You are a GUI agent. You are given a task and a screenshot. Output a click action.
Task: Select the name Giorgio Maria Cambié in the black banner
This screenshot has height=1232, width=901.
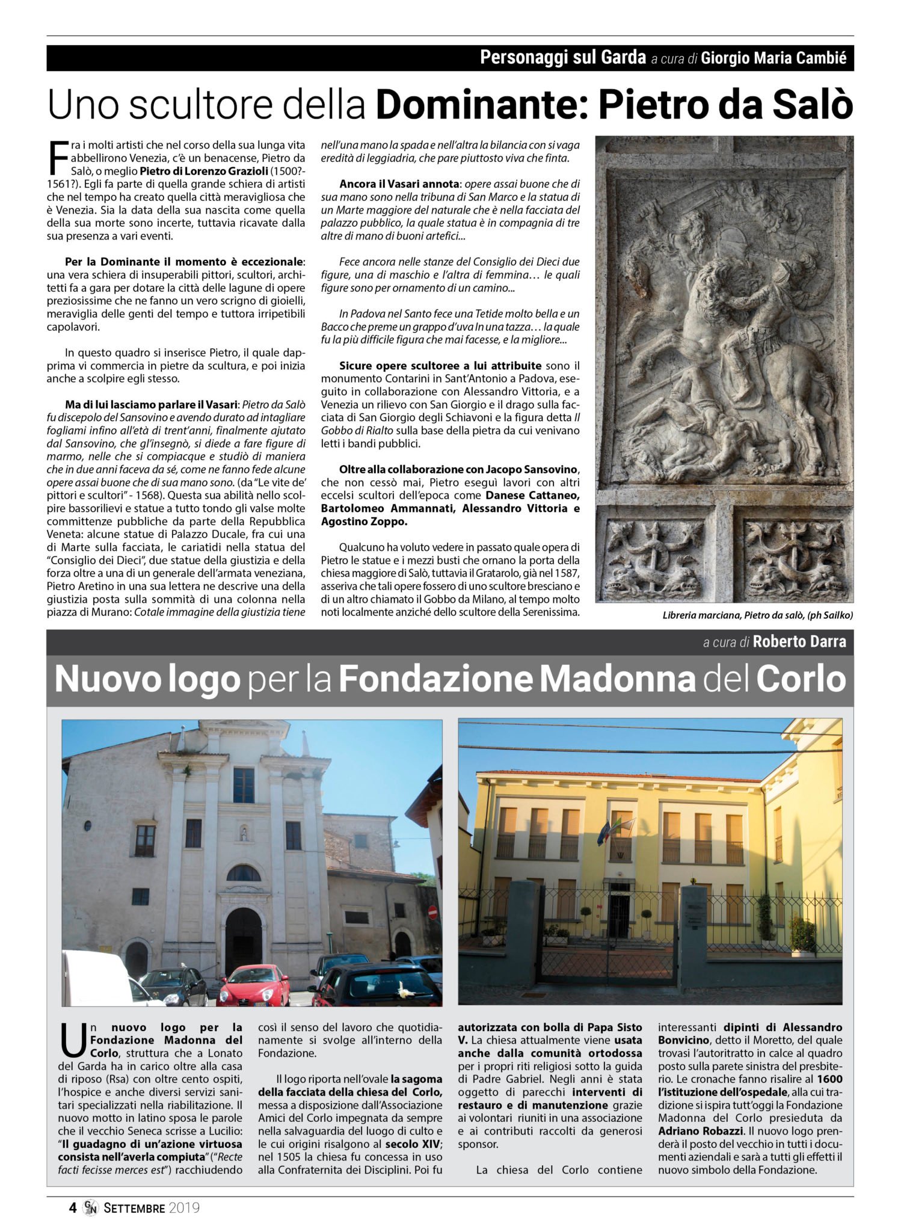773,58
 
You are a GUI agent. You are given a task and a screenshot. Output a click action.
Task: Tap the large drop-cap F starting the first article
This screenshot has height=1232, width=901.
57,158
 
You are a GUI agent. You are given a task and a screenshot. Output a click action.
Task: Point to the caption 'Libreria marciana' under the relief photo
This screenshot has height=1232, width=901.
701,615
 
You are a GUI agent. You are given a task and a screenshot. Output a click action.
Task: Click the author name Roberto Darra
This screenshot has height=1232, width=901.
799,642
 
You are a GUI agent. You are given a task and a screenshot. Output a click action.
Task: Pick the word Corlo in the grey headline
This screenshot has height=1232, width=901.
801,679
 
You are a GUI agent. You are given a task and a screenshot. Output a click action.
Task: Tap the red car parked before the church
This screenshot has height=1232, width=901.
253,985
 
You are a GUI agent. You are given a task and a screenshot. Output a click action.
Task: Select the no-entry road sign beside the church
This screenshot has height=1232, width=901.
432,912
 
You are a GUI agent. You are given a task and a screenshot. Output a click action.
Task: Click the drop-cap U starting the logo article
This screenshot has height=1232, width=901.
73,1043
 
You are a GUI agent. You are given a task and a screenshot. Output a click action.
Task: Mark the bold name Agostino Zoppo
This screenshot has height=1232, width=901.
364,522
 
